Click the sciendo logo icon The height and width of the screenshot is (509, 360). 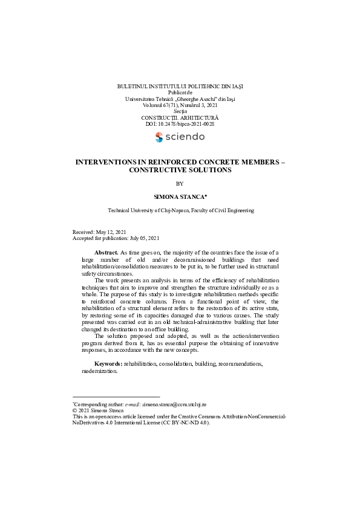point(160,137)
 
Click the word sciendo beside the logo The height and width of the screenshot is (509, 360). point(185,137)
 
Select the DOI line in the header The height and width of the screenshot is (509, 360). point(180,124)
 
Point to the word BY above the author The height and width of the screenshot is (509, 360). point(180,183)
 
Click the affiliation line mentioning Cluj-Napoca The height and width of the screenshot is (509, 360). point(180,210)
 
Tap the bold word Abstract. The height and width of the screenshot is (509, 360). point(106,252)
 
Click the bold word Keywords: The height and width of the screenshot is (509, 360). point(109,364)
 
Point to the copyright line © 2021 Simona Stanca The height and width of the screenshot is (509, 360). point(97,410)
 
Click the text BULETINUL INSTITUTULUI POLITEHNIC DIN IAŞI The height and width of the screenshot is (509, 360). point(180,86)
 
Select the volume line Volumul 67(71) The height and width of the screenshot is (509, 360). point(180,105)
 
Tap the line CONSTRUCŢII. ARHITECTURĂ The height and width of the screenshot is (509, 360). point(180,118)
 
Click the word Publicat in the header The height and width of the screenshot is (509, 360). point(180,92)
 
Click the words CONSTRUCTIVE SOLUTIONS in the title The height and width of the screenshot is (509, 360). point(180,170)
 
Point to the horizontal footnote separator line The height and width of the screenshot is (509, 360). point(116,397)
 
